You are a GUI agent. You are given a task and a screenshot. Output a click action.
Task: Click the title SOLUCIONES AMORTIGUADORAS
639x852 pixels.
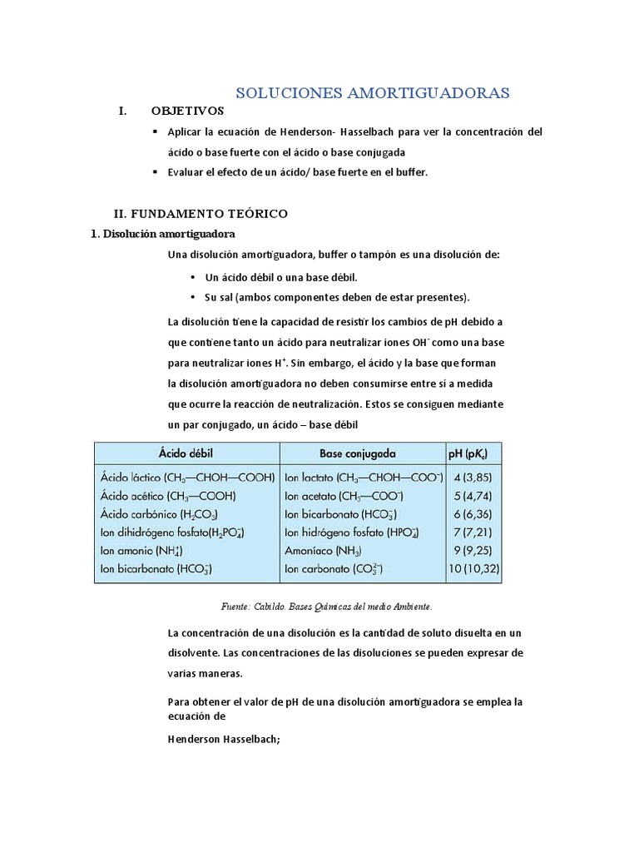[x=373, y=92]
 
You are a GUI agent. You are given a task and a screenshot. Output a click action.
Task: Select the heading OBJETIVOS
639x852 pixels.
[x=187, y=111]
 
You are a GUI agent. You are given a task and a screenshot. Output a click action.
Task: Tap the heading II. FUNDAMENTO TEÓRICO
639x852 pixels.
[x=201, y=214]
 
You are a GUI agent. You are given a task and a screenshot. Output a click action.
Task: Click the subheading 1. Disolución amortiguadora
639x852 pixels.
[x=162, y=234]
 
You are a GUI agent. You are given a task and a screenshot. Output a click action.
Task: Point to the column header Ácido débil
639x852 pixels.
[x=188, y=453]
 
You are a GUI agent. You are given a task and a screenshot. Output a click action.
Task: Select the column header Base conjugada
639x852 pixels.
[x=358, y=453]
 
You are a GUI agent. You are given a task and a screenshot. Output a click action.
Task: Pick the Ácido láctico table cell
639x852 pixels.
[x=187, y=479]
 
